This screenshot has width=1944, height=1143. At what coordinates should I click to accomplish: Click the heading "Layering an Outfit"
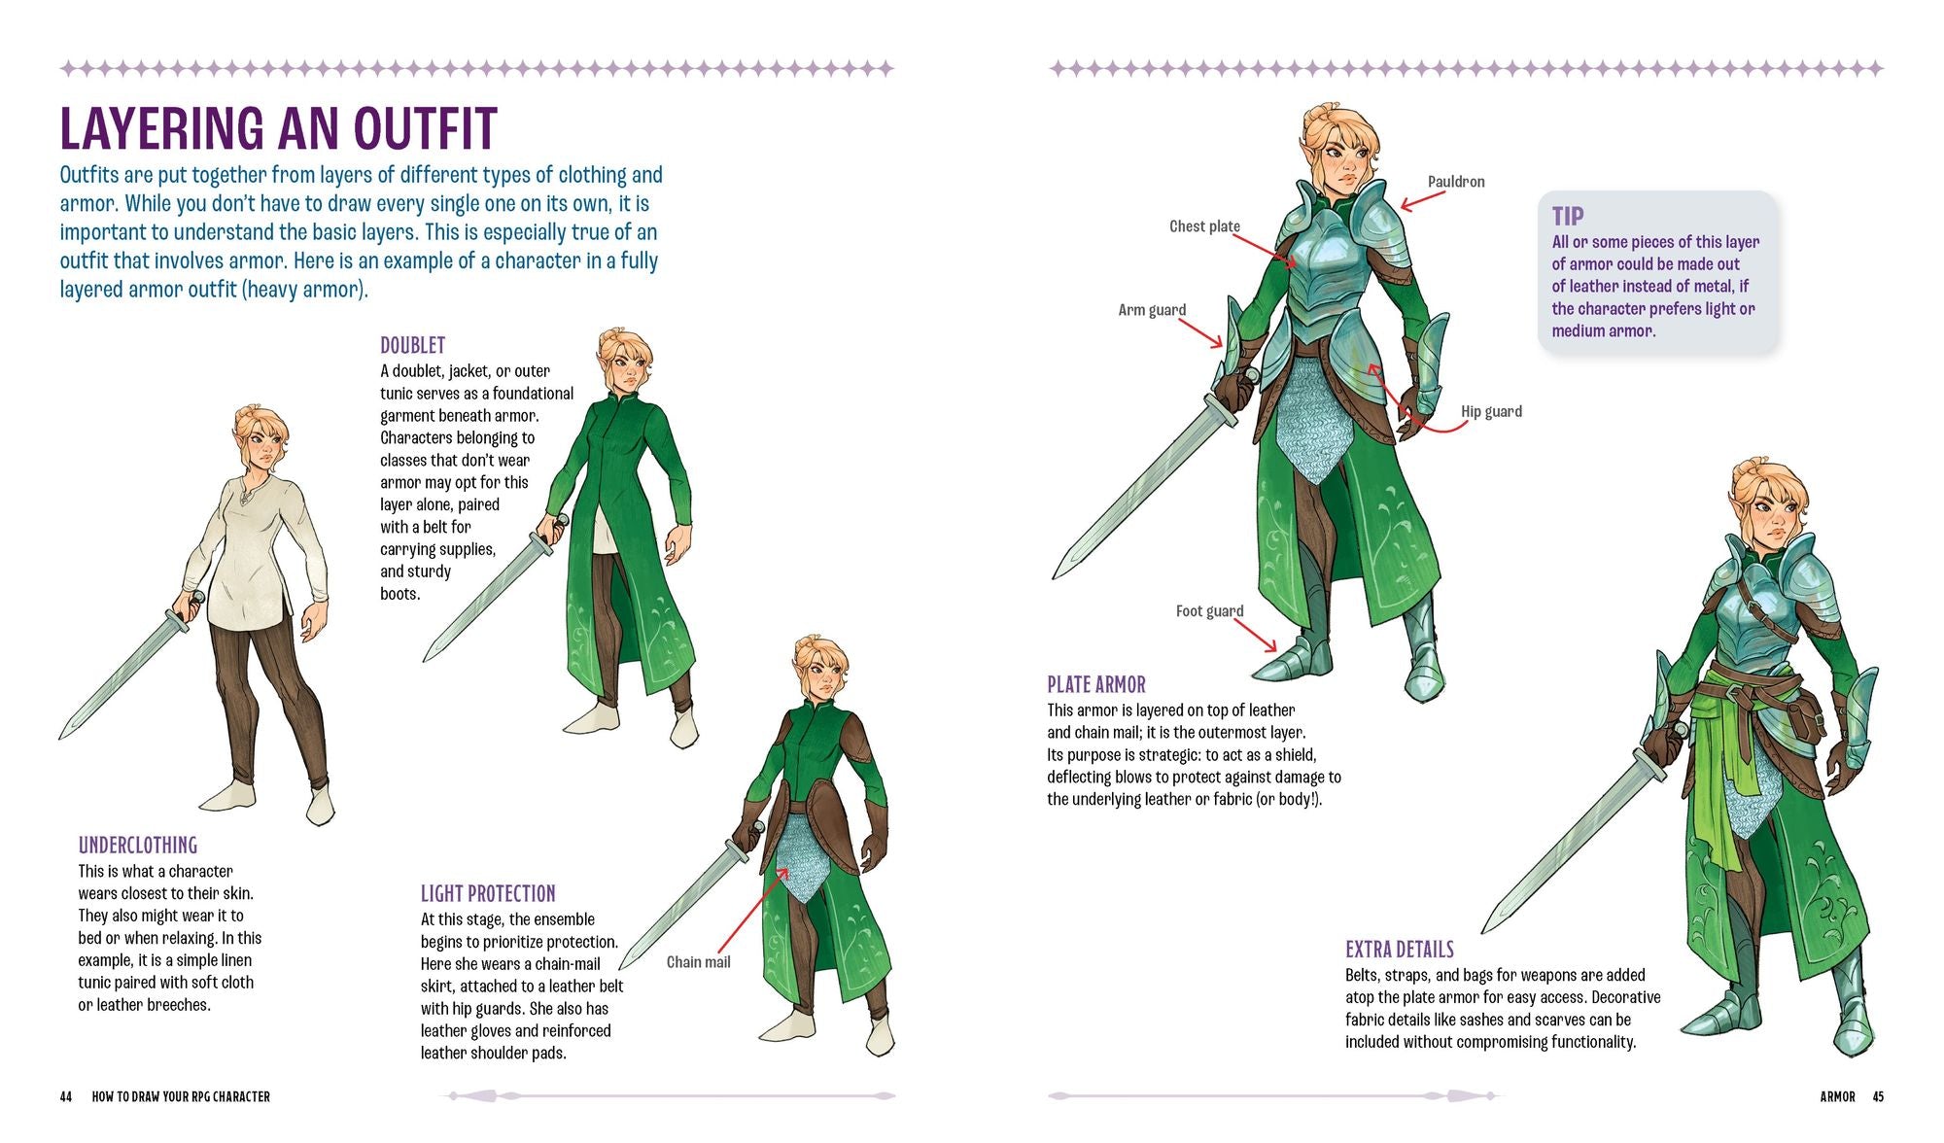279,128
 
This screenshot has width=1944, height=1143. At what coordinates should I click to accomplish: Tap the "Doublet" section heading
413,345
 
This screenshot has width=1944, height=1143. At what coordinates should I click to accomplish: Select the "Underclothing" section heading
138,846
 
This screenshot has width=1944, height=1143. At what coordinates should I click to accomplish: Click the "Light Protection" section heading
488,893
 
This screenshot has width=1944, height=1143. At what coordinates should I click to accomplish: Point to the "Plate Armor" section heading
1096,684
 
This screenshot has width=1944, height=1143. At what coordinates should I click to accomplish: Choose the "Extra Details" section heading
1400,950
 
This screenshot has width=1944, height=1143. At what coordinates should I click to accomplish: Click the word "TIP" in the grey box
1568,216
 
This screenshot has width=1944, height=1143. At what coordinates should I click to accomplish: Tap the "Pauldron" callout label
1456,182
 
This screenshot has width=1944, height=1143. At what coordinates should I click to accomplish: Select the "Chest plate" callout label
1204,226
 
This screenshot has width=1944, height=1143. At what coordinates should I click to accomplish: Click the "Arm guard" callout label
1152,310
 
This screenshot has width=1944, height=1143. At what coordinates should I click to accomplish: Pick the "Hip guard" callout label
1491,411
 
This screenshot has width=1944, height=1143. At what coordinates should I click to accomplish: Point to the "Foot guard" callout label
1209,611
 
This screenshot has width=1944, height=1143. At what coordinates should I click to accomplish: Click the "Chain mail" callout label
698,962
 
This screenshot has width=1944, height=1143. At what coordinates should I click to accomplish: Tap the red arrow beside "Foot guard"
1256,635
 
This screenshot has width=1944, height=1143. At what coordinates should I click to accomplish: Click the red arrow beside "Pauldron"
1423,199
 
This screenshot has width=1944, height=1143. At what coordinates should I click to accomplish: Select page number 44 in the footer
66,1096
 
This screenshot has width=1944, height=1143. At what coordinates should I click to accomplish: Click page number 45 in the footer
1878,1096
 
